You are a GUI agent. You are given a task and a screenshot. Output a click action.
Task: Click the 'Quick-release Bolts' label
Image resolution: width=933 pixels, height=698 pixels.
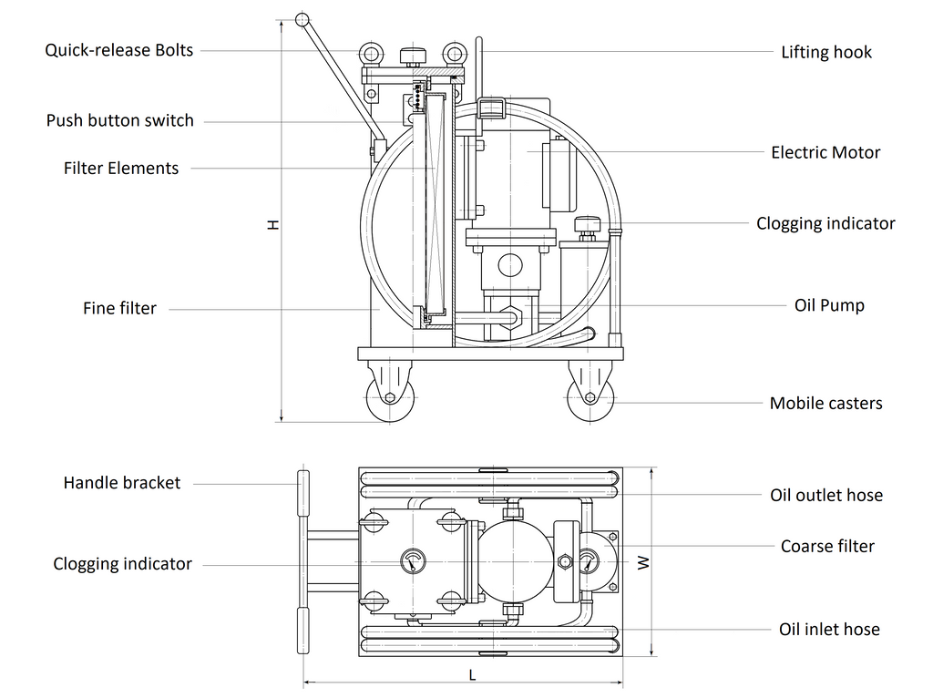(119, 50)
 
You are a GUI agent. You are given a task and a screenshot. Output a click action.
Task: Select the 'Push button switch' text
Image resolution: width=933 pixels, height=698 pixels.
(120, 120)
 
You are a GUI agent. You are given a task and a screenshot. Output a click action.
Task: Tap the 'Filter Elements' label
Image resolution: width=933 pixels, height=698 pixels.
(121, 168)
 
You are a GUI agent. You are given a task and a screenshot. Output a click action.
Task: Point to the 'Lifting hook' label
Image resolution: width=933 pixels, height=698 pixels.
(826, 52)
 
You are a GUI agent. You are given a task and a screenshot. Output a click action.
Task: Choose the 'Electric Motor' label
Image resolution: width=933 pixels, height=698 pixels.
(825, 152)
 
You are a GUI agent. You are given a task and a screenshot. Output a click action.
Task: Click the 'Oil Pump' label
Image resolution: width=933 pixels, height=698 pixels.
(829, 305)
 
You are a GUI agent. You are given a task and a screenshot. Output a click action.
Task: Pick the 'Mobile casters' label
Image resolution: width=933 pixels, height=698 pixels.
(825, 403)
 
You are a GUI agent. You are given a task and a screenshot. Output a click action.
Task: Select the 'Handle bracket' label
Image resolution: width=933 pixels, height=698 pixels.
(122, 483)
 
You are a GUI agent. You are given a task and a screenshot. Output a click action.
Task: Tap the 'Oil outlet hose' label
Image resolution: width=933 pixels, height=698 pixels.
(826, 495)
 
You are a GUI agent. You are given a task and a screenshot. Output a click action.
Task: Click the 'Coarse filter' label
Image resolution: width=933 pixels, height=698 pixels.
(827, 546)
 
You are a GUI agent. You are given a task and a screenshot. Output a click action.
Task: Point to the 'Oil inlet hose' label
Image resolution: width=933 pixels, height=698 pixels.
(829, 629)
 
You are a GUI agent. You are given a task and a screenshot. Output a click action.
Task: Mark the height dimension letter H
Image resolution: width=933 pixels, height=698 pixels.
(272, 223)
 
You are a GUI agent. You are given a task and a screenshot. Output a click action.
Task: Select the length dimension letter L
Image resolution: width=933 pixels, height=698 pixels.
(472, 675)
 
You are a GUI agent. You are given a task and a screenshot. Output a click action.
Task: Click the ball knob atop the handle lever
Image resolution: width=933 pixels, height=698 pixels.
(302, 19)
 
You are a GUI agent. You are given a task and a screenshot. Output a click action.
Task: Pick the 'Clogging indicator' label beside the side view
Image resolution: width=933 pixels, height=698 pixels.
(825, 223)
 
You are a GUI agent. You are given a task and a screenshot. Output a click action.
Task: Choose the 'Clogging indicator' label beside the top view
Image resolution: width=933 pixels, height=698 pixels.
(122, 564)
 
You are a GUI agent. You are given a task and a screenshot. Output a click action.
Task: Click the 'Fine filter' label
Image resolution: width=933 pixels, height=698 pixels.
(119, 308)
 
